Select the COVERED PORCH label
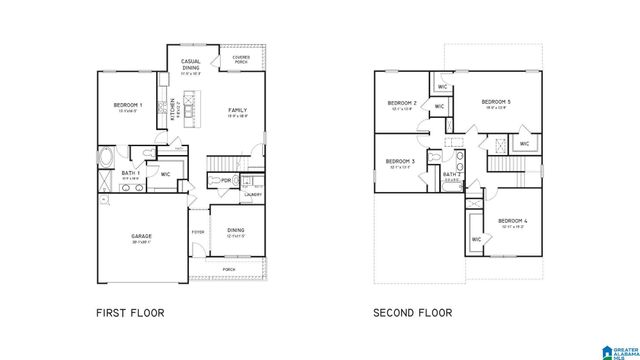242,59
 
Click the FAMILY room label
237,110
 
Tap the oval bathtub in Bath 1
106,156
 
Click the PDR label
226,180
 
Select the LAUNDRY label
253,194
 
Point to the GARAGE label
140,236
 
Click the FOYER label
198,232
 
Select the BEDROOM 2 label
401,103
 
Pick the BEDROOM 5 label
496,102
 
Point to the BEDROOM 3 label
399,161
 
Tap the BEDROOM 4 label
513,221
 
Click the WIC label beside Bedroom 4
477,240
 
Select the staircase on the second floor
498,160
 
